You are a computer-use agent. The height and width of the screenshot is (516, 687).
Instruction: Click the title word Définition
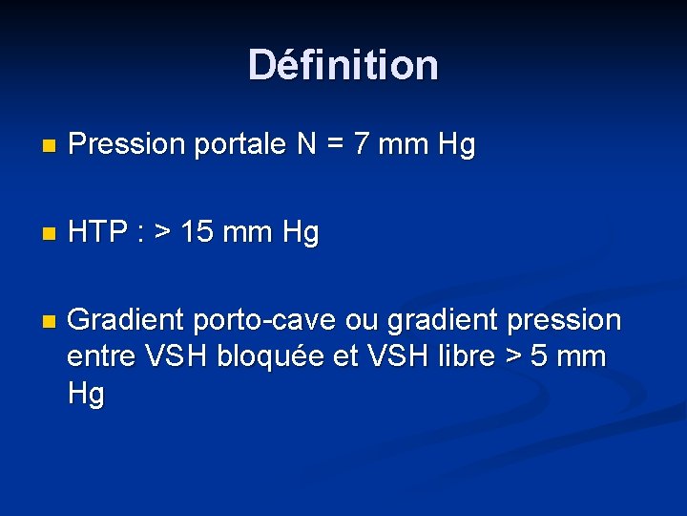point(343,65)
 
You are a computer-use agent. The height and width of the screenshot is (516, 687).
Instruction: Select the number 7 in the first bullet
point(363,145)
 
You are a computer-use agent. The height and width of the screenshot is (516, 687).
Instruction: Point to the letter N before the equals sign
point(307,145)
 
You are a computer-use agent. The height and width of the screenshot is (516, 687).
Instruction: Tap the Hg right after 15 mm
point(299,232)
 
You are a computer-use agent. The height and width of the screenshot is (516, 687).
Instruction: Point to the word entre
point(102,356)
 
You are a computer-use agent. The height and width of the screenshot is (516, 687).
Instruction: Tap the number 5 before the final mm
point(540,356)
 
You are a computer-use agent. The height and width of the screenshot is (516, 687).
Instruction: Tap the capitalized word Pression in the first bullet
point(127,145)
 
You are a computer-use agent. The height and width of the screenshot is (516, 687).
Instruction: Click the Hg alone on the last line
point(86,394)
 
